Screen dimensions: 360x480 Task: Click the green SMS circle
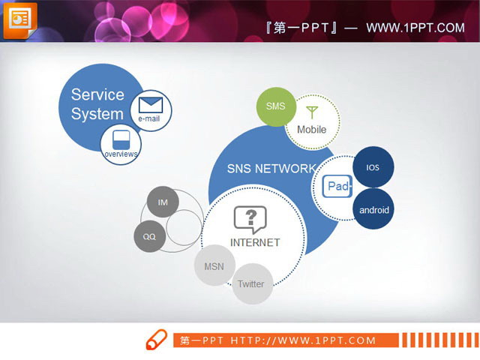[x=276, y=106]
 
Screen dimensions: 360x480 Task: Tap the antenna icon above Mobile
[x=312, y=112]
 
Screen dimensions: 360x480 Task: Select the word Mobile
[x=312, y=130]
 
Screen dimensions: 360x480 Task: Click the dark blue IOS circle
[x=373, y=167]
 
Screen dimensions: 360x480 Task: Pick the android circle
[x=373, y=210]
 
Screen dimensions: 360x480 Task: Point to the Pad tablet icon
[x=337, y=187]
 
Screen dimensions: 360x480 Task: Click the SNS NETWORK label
[x=260, y=168]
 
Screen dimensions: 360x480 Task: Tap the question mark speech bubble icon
[x=250, y=218]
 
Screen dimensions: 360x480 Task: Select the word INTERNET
[x=254, y=242]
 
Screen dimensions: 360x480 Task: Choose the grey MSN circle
[x=214, y=265]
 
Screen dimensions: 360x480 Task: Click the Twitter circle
[x=251, y=283]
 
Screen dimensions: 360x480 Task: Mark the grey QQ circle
[x=149, y=237]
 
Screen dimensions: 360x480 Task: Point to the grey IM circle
[x=163, y=202]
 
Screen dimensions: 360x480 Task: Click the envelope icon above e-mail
[x=151, y=103]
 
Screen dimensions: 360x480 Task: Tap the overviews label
[x=121, y=154]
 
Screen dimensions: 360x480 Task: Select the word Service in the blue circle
[x=97, y=94]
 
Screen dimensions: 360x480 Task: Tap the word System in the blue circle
[x=97, y=114]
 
